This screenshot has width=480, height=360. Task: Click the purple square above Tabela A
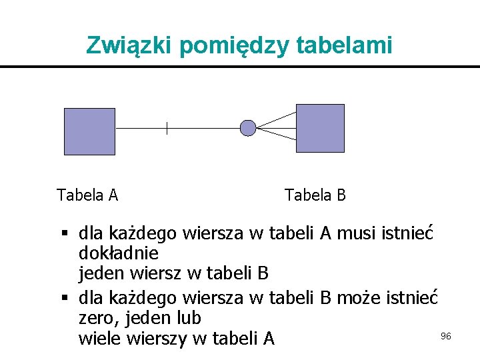[89, 131]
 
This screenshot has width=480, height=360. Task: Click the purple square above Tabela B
[320, 128]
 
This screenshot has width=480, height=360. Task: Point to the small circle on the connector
[247, 127]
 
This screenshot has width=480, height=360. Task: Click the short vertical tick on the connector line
[167, 128]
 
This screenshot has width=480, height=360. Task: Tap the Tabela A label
[87, 195]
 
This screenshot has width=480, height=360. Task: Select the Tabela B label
[315, 195]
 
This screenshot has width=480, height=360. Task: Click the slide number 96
[446, 336]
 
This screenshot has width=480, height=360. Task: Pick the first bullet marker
[65, 234]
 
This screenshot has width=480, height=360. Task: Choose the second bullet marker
[65, 297]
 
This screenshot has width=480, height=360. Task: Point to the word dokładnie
[118, 254]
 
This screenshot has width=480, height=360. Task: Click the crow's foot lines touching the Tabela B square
[277, 126]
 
